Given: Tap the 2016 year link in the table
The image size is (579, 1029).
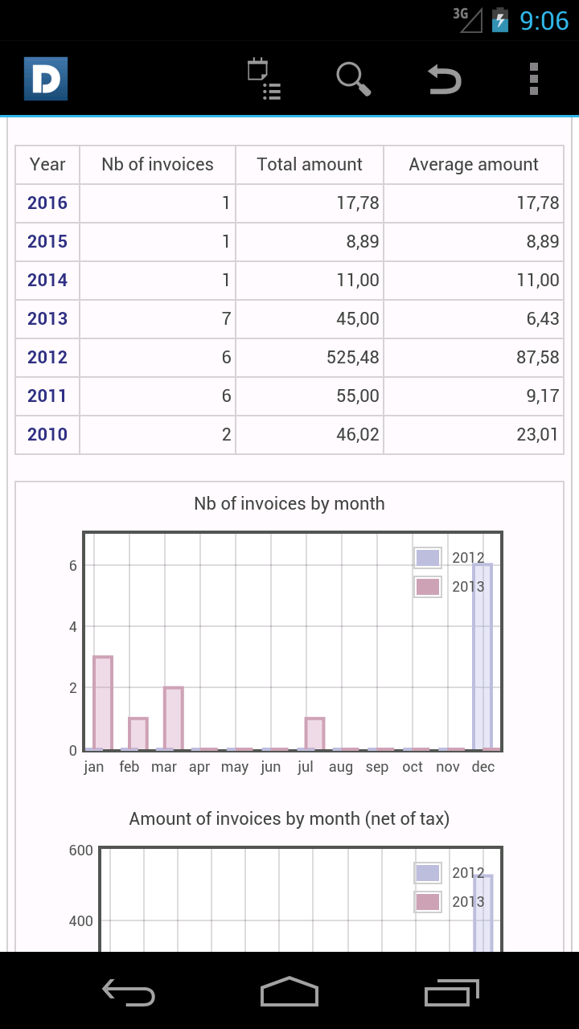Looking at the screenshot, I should (47, 203).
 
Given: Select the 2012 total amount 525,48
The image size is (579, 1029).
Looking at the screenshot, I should (353, 357).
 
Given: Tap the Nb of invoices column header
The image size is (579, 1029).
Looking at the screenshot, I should (158, 165).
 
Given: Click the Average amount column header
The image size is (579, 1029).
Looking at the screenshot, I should (474, 165).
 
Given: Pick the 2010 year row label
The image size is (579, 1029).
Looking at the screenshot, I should (47, 434).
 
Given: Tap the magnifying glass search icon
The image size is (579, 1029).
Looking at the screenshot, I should (353, 79).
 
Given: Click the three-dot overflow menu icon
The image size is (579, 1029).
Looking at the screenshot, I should (534, 79).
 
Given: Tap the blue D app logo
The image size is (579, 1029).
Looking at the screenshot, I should (46, 79).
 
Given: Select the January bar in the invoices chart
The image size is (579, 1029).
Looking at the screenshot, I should (103, 703).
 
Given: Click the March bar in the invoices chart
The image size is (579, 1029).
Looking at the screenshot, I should (174, 718).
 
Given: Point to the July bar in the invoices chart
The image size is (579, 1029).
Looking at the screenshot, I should (314, 733).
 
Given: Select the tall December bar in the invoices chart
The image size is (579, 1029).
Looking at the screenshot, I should (482, 657).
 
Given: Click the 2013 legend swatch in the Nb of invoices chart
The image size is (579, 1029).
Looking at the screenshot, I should (428, 587).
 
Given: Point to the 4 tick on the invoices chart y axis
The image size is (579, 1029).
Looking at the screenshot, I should (73, 626).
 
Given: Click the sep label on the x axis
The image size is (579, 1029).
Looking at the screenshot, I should (377, 767).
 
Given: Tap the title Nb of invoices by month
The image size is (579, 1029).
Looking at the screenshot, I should (289, 504).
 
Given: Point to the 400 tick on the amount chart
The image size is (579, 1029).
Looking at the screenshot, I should (80, 920).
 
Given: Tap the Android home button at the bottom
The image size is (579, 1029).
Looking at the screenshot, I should (289, 992).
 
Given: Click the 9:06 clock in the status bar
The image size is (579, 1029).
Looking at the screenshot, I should (544, 21).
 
